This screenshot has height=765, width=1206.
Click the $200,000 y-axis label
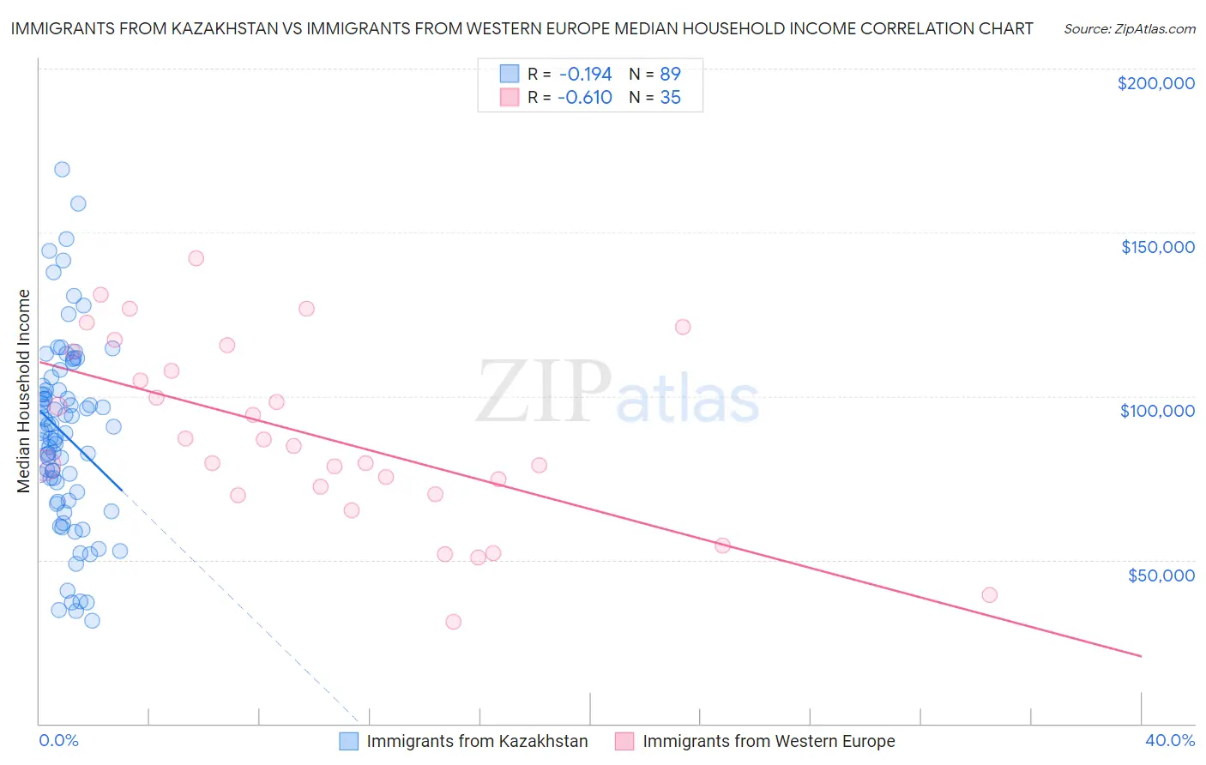1155,83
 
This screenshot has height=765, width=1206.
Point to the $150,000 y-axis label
1157,247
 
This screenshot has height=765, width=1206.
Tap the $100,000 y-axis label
1157,411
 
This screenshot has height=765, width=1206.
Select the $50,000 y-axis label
1161,575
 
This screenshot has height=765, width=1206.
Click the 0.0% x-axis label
58,740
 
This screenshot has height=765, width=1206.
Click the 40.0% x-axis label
1169,740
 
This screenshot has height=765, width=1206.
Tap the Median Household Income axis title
24,391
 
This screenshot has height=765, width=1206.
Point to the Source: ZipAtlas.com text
1129,28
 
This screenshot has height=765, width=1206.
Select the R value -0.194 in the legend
584,74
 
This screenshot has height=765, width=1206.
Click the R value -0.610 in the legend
584,98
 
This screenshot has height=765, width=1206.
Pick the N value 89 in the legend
670,74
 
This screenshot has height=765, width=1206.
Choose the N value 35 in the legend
670,98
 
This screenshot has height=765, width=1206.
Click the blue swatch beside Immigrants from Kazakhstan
348,741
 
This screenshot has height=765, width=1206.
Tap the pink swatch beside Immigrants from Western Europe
624,741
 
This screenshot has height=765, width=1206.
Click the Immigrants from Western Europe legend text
769,741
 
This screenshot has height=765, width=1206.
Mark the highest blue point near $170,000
62,170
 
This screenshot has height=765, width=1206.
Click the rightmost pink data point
989,595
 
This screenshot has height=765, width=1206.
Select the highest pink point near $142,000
196,258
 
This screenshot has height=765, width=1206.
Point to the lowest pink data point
453,622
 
